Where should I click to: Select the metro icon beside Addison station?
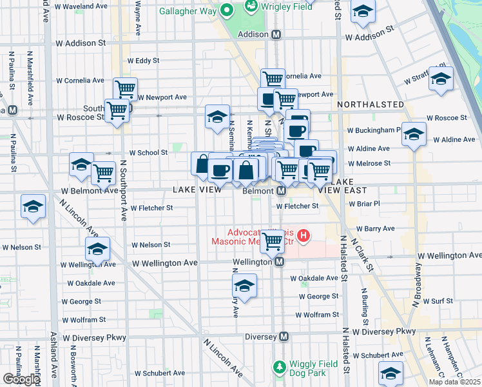pos(276,34)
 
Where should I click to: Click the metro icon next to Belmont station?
pos(282,192)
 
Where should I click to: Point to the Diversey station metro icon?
pos(284,337)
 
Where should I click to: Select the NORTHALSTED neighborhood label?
pos(371,104)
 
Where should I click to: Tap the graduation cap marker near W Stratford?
pos(441,79)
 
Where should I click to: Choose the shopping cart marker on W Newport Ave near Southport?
pos(126,88)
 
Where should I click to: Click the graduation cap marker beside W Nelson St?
pos(97,249)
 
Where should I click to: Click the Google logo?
pos(21,379)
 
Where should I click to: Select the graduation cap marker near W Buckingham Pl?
pos(414,134)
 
